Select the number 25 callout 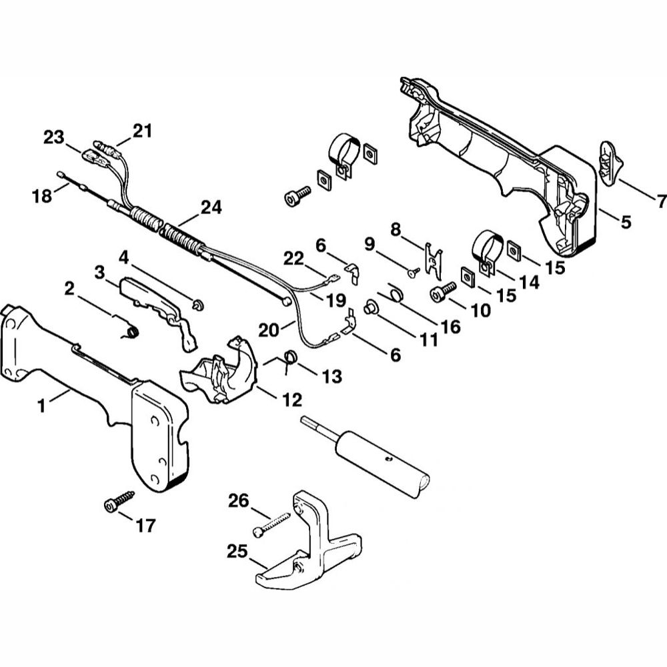click(237, 552)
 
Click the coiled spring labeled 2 click(130, 329)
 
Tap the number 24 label click(211, 207)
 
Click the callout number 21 click(141, 131)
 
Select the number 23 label click(53, 138)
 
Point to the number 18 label click(42, 196)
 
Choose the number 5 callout click(625, 222)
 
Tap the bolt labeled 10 click(443, 291)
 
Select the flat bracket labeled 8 click(434, 260)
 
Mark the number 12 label click(292, 400)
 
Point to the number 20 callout click(269, 329)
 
